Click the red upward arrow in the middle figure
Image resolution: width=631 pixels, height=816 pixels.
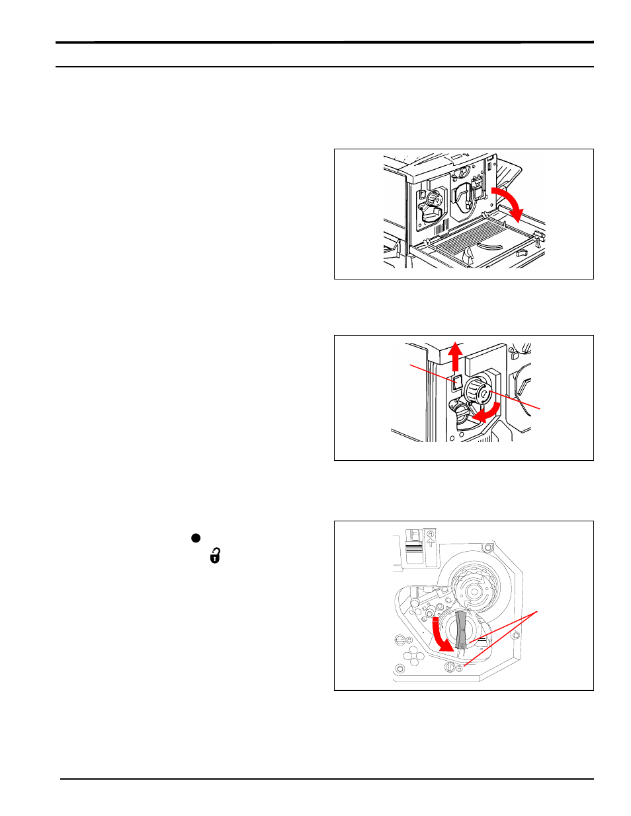(455, 356)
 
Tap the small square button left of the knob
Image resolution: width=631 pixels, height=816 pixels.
(456, 382)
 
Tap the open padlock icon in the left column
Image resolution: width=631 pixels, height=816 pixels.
(215, 556)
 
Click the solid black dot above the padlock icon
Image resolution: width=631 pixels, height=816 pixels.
(196, 538)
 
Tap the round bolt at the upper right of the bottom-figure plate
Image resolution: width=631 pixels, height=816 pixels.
(488, 546)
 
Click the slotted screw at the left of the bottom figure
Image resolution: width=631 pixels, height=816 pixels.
(400, 640)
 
